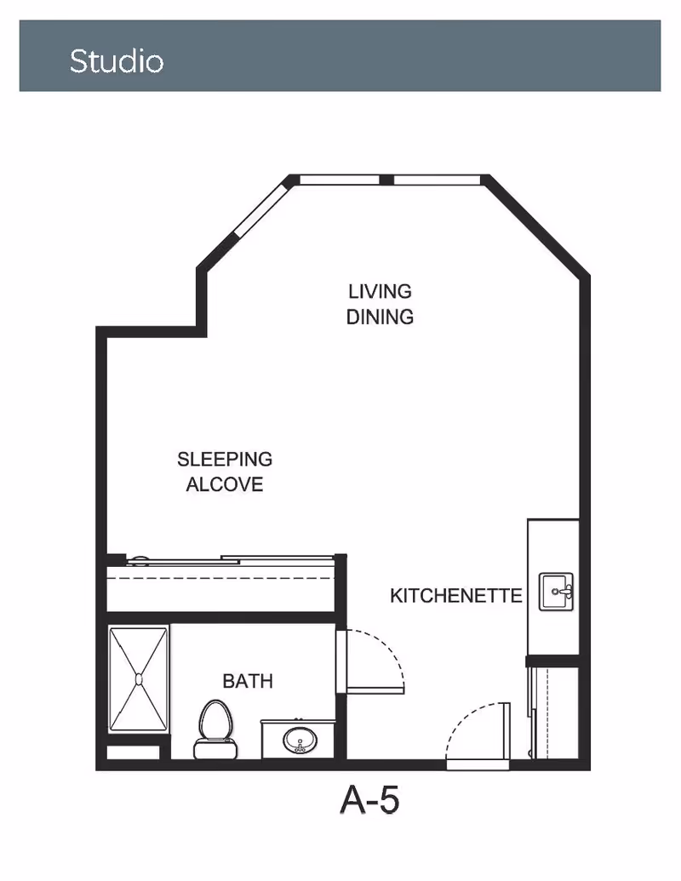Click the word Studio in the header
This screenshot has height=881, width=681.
[117, 60]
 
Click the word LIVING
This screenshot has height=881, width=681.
[380, 292]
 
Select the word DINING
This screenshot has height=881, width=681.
[380, 317]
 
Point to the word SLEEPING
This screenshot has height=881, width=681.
[225, 459]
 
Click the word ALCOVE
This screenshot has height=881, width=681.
[225, 484]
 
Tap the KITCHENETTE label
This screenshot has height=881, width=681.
[455, 596]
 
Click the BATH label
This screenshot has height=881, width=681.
[248, 681]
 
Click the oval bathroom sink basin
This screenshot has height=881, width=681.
[300, 740]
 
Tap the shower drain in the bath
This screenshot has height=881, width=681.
[139, 680]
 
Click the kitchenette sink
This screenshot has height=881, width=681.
[556, 592]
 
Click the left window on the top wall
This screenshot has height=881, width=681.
[340, 180]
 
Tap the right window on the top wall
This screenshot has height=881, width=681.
[438, 180]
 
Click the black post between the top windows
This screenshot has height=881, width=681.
[386, 180]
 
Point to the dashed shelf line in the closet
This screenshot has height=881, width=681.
[220, 578]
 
